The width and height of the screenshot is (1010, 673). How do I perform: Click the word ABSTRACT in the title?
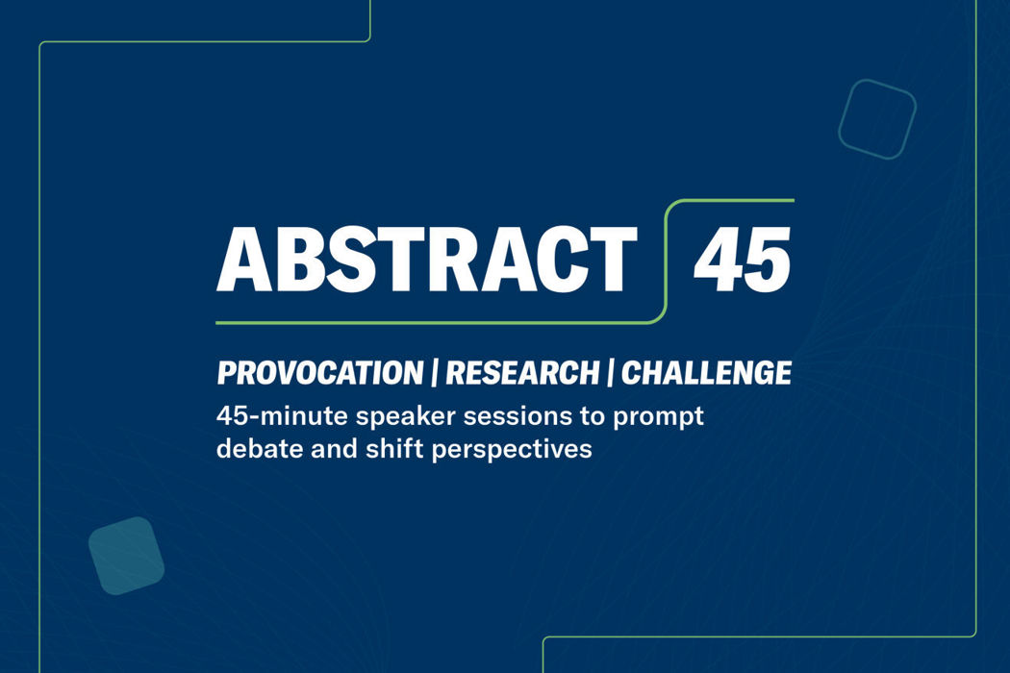(x=427, y=259)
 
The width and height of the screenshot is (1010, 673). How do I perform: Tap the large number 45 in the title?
(x=742, y=259)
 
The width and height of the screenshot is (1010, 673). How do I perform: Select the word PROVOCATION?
(x=320, y=373)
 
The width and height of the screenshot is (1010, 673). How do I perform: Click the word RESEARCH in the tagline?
(x=522, y=373)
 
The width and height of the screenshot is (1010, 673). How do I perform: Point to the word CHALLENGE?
(x=707, y=373)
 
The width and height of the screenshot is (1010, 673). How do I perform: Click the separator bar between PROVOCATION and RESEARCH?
(x=435, y=373)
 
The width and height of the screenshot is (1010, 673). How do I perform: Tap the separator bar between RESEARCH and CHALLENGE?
(x=610, y=373)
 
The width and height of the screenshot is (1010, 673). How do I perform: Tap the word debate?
(x=260, y=449)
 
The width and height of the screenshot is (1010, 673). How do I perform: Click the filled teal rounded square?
(x=126, y=555)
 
